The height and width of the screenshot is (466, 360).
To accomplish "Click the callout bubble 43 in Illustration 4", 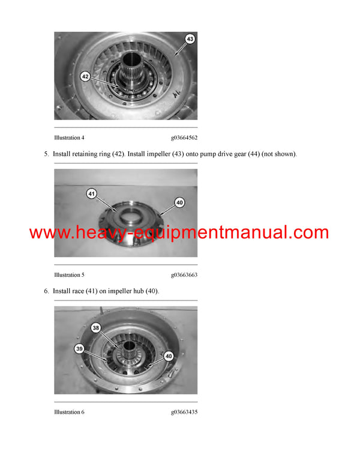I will pos(190,39).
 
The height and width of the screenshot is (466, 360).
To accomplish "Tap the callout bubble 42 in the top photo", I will pos(86,76).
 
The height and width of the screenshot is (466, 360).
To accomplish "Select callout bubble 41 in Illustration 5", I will pos(91,193).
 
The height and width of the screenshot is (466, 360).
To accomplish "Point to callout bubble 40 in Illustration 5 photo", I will pos(179,202).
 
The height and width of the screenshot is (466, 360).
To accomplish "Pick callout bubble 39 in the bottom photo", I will pos(79,349).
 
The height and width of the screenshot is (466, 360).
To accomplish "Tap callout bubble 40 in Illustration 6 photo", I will pos(169,356).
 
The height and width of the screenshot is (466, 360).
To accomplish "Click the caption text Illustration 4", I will pos(69,138).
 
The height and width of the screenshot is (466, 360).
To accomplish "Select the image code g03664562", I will pos(184,138).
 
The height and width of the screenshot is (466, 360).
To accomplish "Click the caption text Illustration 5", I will pos(69,275).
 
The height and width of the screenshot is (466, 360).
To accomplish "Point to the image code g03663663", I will pos(184,275).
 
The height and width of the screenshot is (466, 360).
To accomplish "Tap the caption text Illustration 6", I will pos(69,412).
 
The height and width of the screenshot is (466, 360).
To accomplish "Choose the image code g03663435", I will pos(184,412).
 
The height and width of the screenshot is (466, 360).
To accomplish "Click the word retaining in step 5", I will pos(85,154).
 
